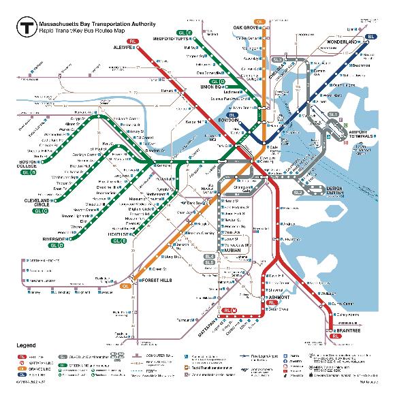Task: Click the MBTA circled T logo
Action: (x=26, y=28)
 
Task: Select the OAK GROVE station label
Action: (x=249, y=28)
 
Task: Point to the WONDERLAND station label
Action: (x=346, y=42)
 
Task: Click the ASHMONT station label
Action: (x=279, y=298)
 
